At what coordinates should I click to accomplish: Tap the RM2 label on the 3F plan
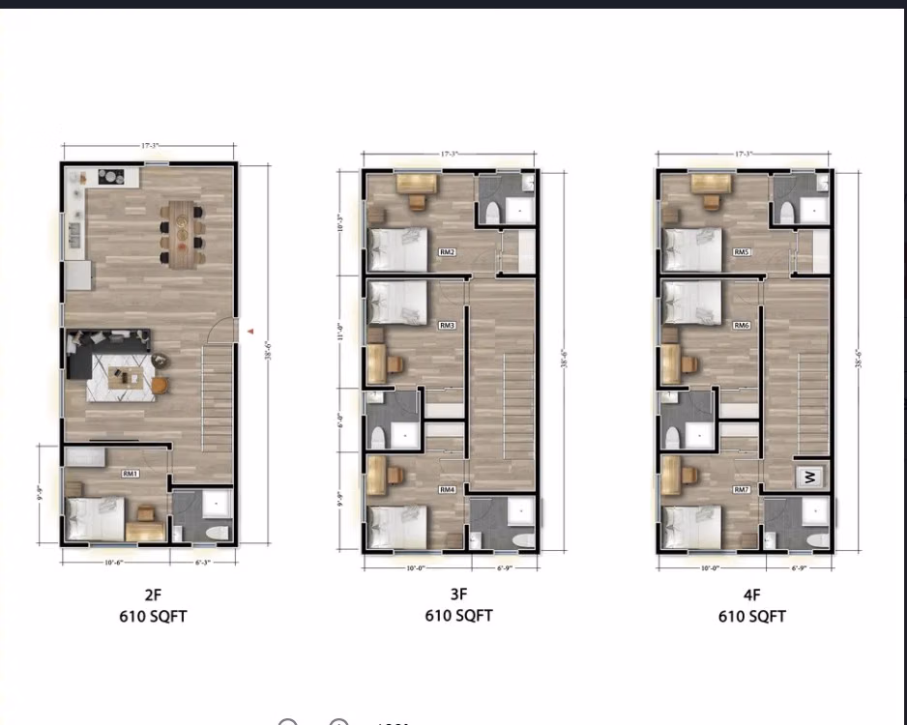tap(447, 252)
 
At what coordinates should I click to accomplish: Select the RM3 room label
tap(447, 326)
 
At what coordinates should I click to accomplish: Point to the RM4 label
tap(447, 490)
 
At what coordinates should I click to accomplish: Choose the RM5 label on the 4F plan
tap(741, 252)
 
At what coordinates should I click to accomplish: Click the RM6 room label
tap(741, 326)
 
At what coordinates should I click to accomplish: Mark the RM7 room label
tap(741, 490)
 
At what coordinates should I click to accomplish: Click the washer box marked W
tap(810, 476)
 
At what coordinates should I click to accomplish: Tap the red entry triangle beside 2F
tap(250, 332)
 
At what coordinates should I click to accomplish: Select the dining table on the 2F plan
tap(182, 233)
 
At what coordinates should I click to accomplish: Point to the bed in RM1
tap(95, 519)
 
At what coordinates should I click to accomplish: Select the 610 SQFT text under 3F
tap(458, 616)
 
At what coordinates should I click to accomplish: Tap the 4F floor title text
tap(750, 595)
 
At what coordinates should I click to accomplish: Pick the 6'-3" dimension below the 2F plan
tap(200, 561)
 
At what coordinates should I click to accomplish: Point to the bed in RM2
tap(398, 249)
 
